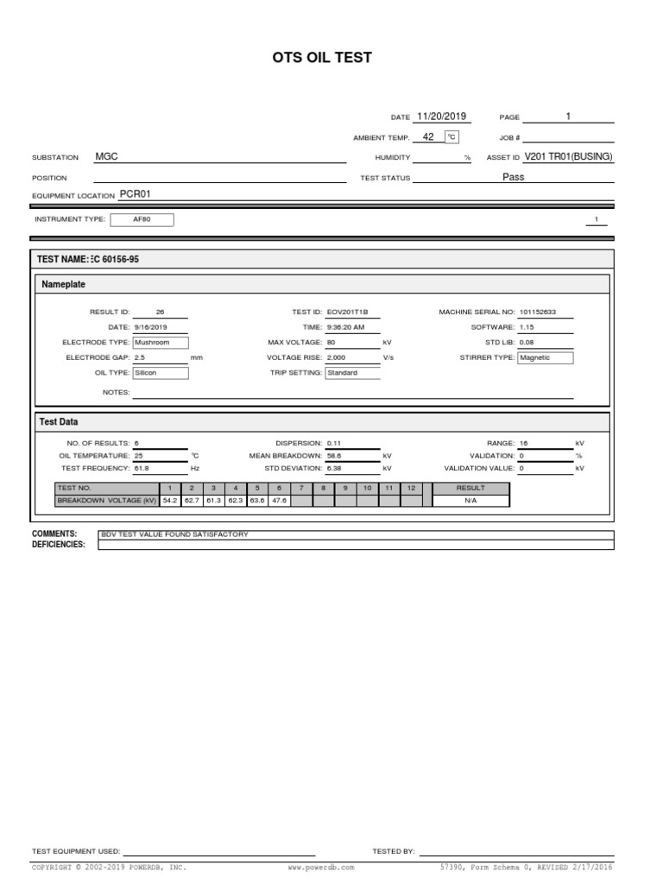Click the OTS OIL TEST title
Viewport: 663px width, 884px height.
(322, 58)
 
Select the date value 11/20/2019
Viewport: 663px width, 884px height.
(440, 117)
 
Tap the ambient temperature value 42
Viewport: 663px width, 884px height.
(428, 136)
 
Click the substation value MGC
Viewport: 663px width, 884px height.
(106, 157)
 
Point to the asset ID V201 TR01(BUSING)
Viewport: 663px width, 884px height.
(568, 157)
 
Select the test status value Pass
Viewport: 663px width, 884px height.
(513, 177)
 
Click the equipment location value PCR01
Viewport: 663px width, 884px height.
(134, 194)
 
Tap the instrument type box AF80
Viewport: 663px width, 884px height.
(142, 219)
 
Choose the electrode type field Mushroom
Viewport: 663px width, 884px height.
(160, 343)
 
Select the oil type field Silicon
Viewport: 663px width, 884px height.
(160, 373)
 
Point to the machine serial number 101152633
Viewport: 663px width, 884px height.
(537, 312)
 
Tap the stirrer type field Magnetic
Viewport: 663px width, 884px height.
(545, 357)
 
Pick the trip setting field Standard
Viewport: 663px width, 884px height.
(352, 373)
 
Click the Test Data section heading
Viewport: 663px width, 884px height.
(60, 421)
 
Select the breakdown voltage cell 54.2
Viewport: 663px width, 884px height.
(170, 500)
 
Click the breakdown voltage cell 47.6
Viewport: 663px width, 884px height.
(278, 500)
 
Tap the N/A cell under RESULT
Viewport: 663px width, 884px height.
(470, 500)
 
